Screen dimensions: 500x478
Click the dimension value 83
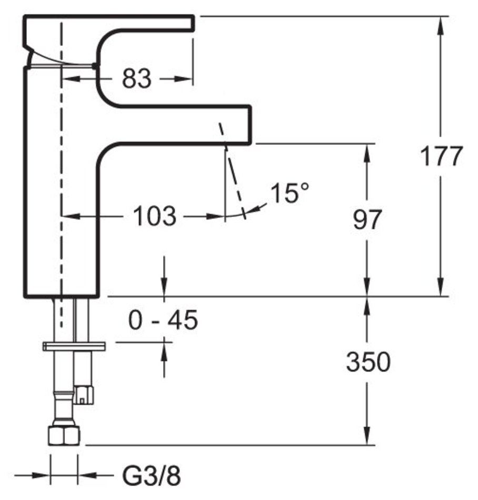[x=137, y=79]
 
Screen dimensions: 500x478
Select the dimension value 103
[x=154, y=216]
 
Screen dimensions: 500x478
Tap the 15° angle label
[x=290, y=194]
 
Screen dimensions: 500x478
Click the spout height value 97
[x=367, y=220]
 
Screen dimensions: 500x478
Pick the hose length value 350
[x=368, y=362]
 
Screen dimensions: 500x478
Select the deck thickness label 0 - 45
[x=163, y=320]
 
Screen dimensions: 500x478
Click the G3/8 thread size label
[x=152, y=477]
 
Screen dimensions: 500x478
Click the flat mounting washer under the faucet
[x=74, y=346]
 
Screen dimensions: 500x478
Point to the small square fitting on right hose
[x=84, y=393]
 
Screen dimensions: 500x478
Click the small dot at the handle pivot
[x=94, y=66]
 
